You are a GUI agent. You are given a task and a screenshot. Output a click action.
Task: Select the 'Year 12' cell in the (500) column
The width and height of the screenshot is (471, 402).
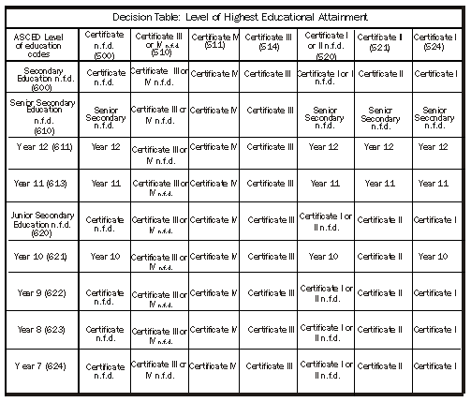pyautogui.click(x=105, y=147)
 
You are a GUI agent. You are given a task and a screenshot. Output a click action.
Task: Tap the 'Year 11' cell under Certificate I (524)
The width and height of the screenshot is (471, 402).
pyautogui.click(x=437, y=183)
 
